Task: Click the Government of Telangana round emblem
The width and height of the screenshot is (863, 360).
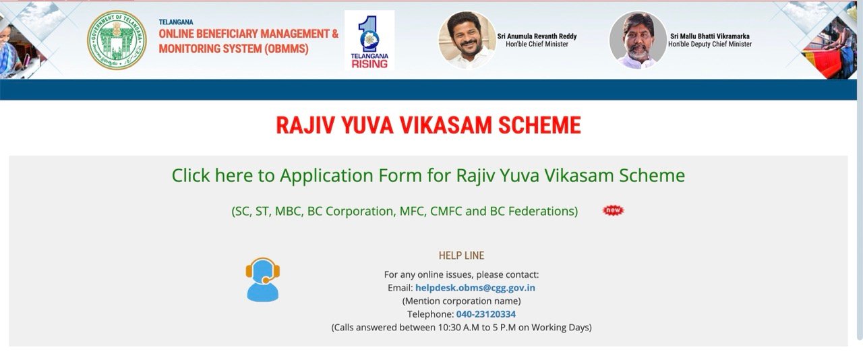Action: [117, 40]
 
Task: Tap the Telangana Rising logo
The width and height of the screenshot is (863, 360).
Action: [369, 40]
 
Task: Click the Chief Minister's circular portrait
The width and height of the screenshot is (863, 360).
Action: [467, 40]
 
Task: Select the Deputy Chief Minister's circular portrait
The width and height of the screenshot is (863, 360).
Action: [638, 40]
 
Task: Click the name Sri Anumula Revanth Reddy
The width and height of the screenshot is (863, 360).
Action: [537, 36]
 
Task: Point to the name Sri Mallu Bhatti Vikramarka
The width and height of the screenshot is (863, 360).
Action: [710, 36]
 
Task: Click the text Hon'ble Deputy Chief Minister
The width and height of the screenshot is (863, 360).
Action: [710, 44]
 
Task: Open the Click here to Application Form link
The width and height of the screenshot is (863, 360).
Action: [428, 176]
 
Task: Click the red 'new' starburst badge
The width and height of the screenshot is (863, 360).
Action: [613, 210]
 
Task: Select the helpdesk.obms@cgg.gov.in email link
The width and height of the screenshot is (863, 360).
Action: [475, 288]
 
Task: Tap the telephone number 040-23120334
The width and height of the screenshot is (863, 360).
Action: [485, 314]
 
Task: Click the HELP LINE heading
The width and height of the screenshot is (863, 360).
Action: [461, 256]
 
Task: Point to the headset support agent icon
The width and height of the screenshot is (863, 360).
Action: [262, 279]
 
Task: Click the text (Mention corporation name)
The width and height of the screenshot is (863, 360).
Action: [461, 301]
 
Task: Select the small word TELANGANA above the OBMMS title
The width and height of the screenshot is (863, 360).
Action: [176, 22]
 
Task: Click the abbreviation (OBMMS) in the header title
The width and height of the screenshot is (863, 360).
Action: [277, 49]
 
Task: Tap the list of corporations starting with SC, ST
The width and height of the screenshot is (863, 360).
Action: [405, 211]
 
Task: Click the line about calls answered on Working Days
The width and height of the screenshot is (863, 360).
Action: [461, 328]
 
